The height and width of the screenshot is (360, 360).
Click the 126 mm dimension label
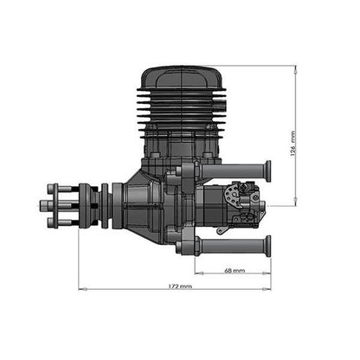(293, 144)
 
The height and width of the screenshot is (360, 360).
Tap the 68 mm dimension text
(235, 271)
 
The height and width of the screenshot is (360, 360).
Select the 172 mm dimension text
(180, 286)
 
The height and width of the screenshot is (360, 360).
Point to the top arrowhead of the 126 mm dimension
(295, 69)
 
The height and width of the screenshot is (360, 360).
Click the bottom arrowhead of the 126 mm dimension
(295, 202)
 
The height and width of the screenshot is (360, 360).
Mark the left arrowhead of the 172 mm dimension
(82, 288)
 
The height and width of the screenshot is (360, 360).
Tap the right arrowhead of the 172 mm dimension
(267, 288)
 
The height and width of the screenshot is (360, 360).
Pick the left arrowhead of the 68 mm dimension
(199, 273)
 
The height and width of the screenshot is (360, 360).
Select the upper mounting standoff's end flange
(268, 170)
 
